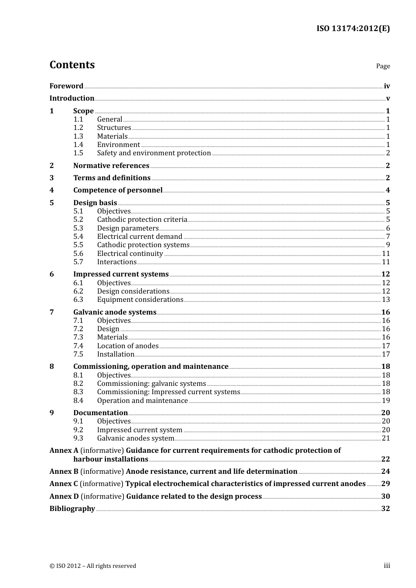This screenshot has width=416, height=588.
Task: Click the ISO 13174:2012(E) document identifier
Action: (353, 28)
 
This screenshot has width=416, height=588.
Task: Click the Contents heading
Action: (72, 65)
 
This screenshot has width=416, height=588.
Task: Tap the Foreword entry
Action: (66, 86)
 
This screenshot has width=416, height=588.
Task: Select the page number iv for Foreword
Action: (387, 86)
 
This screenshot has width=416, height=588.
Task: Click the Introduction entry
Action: (72, 98)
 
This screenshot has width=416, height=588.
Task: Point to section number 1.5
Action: (78, 153)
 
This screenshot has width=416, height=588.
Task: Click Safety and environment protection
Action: (154, 153)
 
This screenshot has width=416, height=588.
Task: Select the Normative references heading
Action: (111, 166)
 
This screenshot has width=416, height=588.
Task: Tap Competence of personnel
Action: (118, 190)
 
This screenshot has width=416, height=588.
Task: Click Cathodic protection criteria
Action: (142, 220)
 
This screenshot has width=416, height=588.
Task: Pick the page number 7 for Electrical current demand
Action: (388, 237)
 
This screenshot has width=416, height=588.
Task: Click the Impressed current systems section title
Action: (121, 274)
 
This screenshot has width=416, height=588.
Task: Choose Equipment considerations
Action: (140, 300)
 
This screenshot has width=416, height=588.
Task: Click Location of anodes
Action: (128, 346)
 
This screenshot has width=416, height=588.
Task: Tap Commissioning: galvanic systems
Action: (152, 384)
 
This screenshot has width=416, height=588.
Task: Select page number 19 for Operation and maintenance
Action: (386, 401)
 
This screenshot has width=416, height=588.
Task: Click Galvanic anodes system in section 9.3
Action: (136, 438)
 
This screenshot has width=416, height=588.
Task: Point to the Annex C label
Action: (63, 484)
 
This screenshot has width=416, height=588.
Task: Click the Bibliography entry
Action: (72, 509)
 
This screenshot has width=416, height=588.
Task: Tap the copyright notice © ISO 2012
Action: (93, 566)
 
